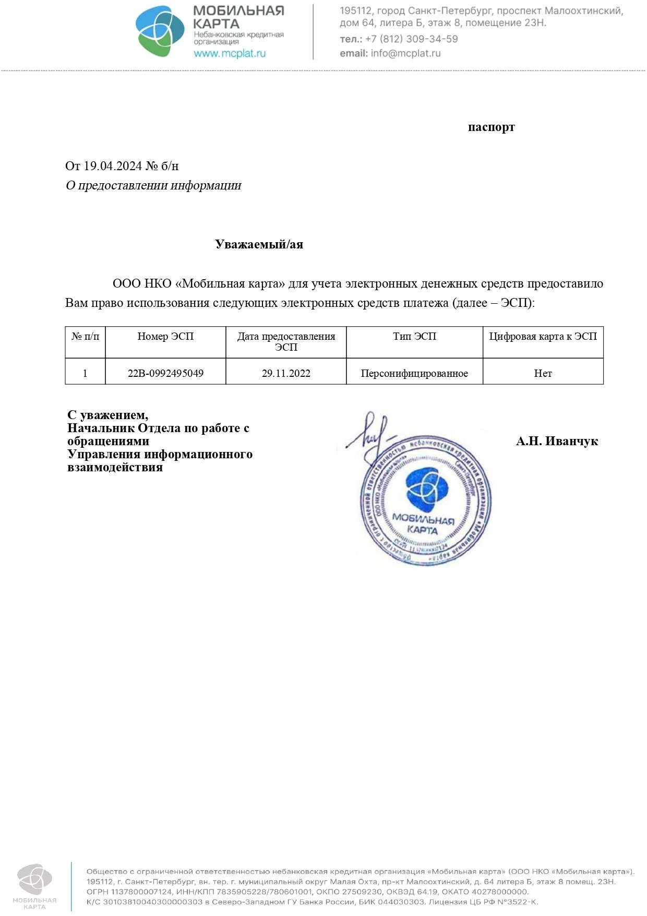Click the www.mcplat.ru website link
230,53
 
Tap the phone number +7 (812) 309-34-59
412,39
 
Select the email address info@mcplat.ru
405,53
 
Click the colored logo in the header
160,31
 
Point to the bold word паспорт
491,127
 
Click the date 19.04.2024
113,166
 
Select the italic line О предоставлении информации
153,185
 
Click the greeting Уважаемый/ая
259,244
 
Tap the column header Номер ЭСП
165,337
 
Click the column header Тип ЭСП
414,337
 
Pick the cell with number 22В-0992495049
165,373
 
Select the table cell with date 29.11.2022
286,373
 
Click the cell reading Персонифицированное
414,373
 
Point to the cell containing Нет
543,373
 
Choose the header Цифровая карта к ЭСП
543,337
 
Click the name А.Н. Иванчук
557,442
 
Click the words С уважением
108,415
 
